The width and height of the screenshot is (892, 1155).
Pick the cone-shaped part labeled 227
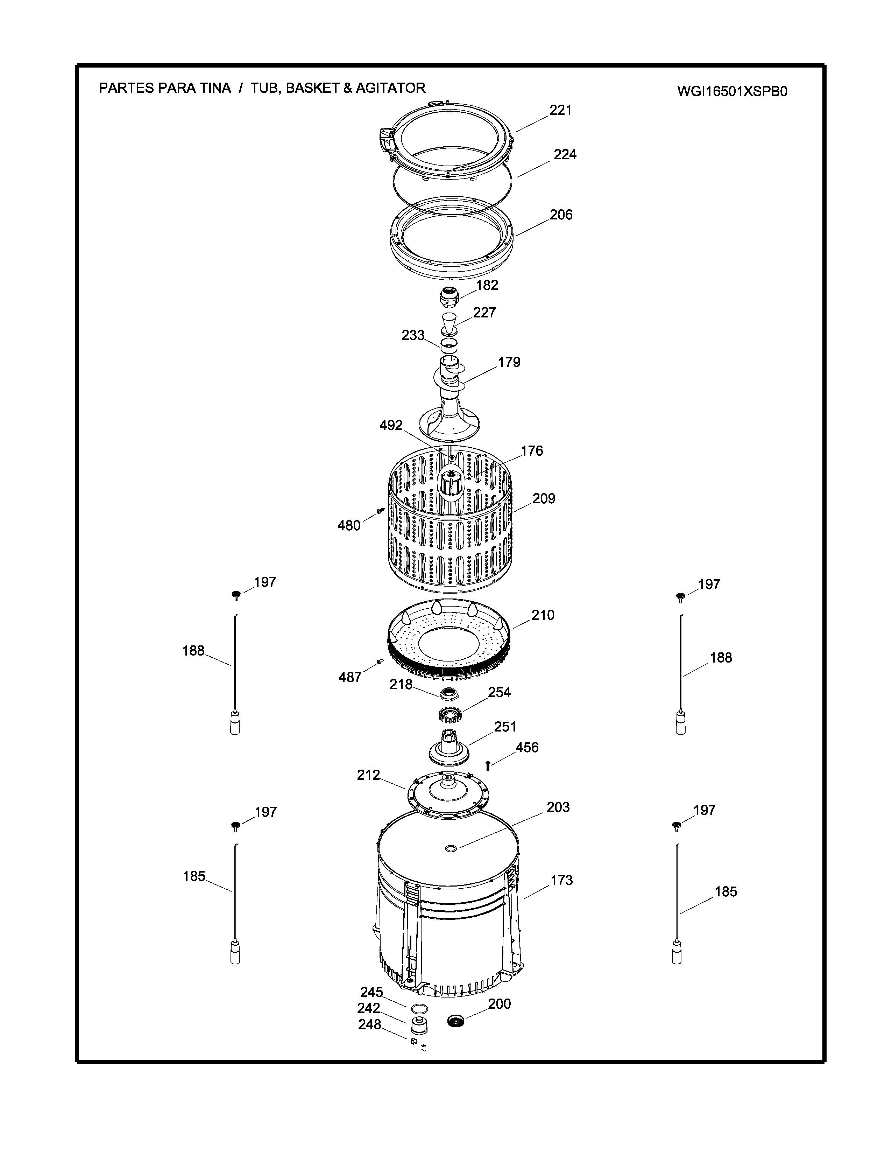(449, 323)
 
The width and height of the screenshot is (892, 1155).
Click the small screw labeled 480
(380, 510)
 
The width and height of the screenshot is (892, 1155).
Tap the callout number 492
(391, 425)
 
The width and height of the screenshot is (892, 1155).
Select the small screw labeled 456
(488, 765)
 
